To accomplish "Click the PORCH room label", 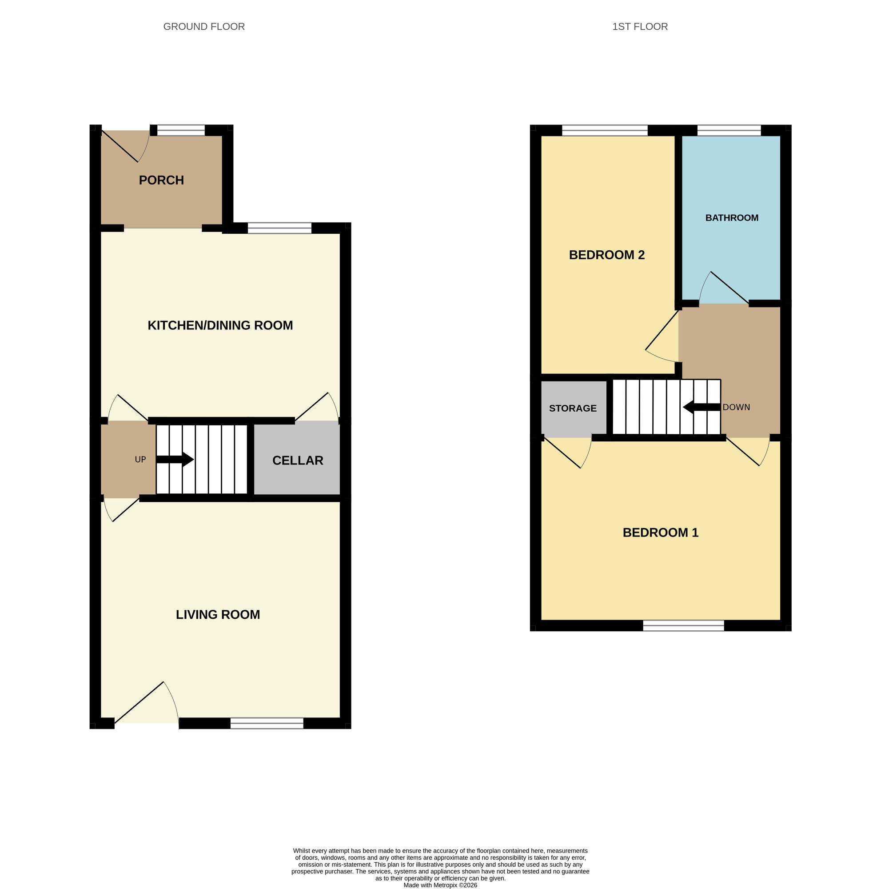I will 161,180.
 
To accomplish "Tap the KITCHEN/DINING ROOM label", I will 220,325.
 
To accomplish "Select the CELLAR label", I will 298,460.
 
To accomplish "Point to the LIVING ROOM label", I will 218,614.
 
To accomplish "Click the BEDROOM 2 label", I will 606,255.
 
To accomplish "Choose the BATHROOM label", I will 732,218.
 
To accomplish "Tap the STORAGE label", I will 573,408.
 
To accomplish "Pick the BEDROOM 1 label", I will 660,533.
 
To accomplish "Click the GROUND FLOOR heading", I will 203,27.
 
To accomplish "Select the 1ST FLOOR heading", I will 640,27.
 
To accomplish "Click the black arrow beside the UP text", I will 175,459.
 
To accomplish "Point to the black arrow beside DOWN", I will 701,407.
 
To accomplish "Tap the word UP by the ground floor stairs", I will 140,459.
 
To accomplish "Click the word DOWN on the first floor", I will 736,407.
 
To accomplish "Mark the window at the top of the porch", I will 181,130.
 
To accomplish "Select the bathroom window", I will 729,130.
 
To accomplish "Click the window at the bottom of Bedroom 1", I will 683,625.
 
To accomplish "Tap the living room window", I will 267,723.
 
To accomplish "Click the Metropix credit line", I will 440,885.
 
